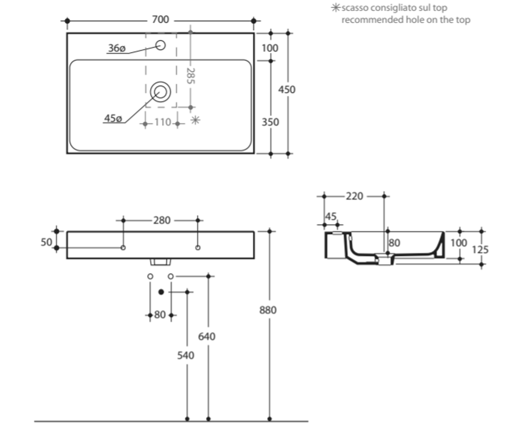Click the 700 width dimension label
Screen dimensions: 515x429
[x=161, y=19]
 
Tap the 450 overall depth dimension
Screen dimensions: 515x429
[x=287, y=90]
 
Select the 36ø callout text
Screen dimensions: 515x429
[x=117, y=48]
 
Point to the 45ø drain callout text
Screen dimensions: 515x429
[x=113, y=118]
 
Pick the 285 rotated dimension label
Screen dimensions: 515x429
[x=191, y=76]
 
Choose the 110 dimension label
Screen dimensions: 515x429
[x=163, y=122]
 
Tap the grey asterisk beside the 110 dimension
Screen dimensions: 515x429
[x=195, y=120]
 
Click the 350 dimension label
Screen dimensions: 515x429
[x=270, y=122]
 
